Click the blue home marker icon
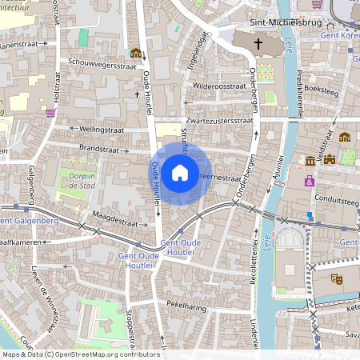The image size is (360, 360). click(180, 173)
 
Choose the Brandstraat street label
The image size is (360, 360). click(98, 148)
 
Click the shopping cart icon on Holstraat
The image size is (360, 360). click(51, 113)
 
